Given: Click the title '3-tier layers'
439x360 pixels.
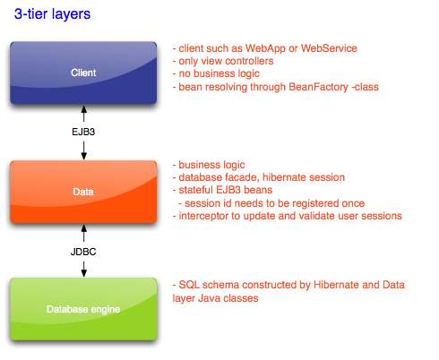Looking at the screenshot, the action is click(x=52, y=14).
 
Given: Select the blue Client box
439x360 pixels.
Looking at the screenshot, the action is click(x=83, y=73).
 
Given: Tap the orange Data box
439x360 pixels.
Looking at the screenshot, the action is click(x=83, y=192).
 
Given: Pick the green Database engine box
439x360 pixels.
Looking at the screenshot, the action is click(x=83, y=309).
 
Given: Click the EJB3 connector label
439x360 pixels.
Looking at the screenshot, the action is click(x=83, y=132).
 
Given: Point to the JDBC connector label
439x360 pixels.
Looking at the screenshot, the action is click(x=83, y=252).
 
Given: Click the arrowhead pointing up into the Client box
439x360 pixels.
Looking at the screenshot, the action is click(x=84, y=109).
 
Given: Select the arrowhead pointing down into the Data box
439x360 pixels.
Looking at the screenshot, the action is click(x=84, y=156).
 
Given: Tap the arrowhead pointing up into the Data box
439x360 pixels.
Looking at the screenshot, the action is click(x=84, y=228).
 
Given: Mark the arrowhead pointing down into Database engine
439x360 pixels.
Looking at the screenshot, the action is click(x=84, y=273).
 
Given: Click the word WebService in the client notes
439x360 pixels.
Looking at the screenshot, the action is click(x=329, y=48).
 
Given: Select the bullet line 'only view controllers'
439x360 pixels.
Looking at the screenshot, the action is click(x=223, y=61).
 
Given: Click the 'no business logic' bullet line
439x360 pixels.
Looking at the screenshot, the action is click(x=216, y=73).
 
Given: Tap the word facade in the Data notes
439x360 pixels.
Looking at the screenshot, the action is click(x=243, y=177).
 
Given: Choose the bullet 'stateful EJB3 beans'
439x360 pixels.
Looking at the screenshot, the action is click(x=222, y=190).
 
